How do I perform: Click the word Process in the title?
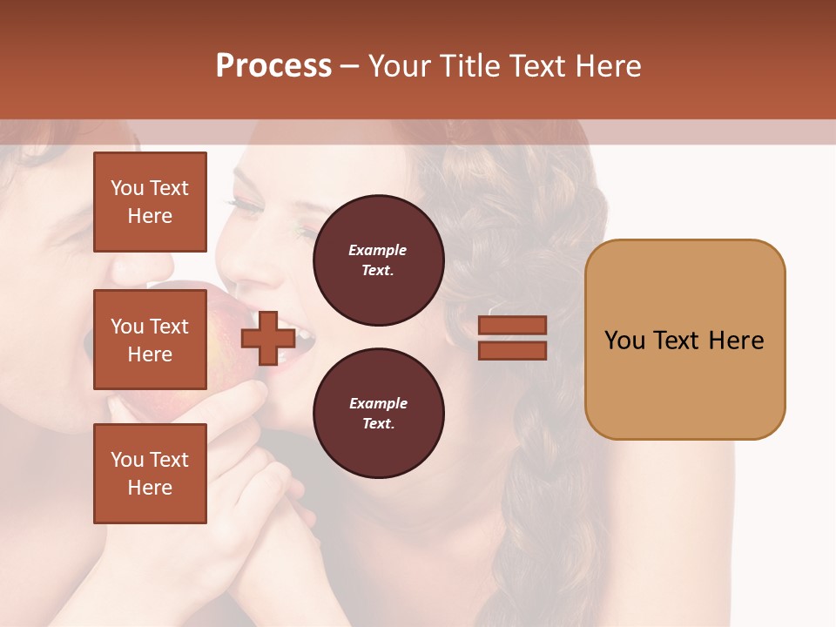tap(273, 66)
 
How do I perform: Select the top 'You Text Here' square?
tap(150, 202)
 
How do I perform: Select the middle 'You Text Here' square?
tap(150, 340)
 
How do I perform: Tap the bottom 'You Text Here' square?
tap(150, 473)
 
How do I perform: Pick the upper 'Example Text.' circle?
tap(378, 260)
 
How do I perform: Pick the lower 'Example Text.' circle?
tap(378, 413)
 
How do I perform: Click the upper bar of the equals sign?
tap(512, 326)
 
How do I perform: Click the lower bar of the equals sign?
tap(512, 350)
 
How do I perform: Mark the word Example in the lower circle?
tap(378, 403)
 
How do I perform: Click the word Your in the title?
tap(399, 66)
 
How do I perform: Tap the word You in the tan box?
tap(625, 340)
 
